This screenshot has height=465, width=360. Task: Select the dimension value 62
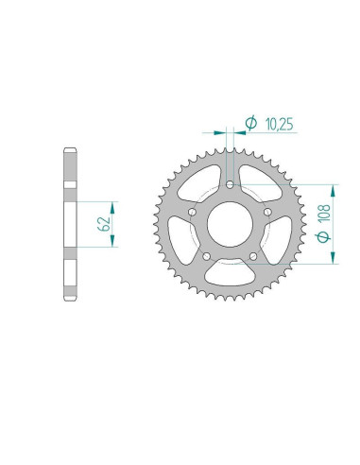(x=103, y=224)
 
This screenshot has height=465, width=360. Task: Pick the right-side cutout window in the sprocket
(x=281, y=242)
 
